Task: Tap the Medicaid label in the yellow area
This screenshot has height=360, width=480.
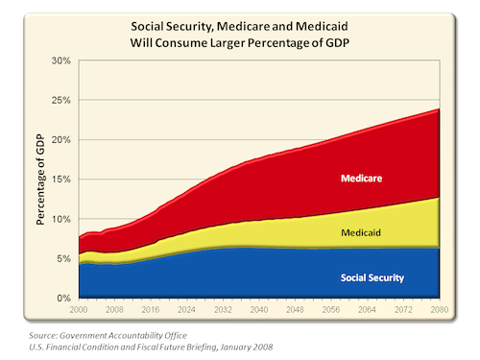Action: (x=360, y=233)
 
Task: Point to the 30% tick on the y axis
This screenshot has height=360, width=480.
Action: (x=60, y=60)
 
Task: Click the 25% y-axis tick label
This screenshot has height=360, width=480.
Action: (x=60, y=100)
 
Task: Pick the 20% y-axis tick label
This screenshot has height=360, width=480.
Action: (x=60, y=140)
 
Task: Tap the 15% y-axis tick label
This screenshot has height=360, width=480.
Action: (x=60, y=180)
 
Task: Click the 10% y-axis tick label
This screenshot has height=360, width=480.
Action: (x=60, y=219)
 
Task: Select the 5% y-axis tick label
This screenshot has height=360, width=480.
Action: (x=63, y=258)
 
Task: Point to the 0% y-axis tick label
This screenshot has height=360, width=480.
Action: (x=63, y=298)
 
